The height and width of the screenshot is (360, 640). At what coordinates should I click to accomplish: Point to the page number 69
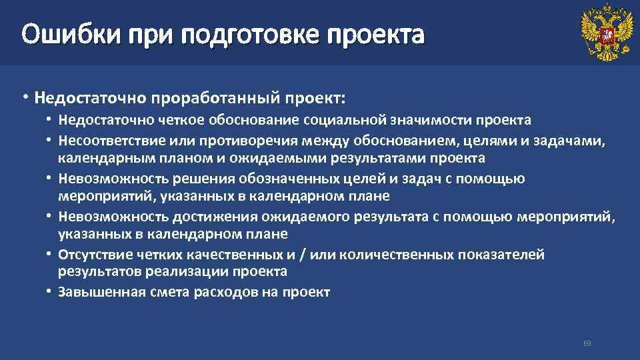[587, 343]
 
